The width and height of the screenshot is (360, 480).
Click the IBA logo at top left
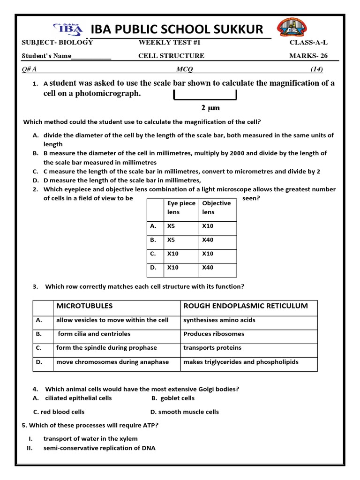point(68,29)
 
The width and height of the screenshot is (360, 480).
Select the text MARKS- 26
point(308,56)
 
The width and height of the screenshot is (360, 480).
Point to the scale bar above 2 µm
point(205,95)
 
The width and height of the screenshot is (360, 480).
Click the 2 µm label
point(210,108)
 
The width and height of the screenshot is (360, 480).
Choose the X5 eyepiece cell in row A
point(173,225)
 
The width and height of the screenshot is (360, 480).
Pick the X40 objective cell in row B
point(208,240)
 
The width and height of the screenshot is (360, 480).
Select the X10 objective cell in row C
point(208,254)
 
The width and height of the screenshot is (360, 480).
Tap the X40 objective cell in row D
point(208,268)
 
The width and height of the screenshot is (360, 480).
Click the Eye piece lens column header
point(181,208)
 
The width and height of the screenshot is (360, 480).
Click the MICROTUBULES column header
point(84,306)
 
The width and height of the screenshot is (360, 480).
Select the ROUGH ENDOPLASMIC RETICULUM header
point(246,306)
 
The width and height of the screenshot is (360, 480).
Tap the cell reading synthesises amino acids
point(219,320)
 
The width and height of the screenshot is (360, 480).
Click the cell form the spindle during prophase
point(106,348)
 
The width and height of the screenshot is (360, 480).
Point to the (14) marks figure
point(317,69)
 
